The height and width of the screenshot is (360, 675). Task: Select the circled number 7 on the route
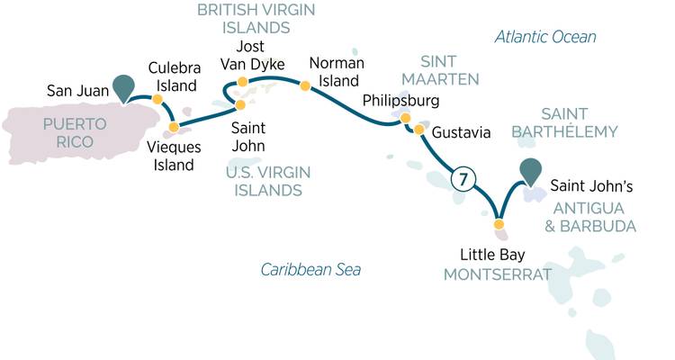tap(461, 180)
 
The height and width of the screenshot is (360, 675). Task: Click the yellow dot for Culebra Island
tap(157, 100)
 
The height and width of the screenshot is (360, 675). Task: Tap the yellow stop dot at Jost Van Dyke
tap(241, 84)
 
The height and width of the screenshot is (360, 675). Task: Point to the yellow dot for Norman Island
tap(305, 86)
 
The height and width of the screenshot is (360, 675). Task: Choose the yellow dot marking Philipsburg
tap(405, 118)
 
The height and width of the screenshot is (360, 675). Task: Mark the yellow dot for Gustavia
tap(418, 130)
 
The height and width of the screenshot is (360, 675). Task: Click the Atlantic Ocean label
tap(545, 37)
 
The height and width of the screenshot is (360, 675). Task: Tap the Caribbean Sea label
tap(310, 269)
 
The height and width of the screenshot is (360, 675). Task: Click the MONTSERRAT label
tap(498, 273)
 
